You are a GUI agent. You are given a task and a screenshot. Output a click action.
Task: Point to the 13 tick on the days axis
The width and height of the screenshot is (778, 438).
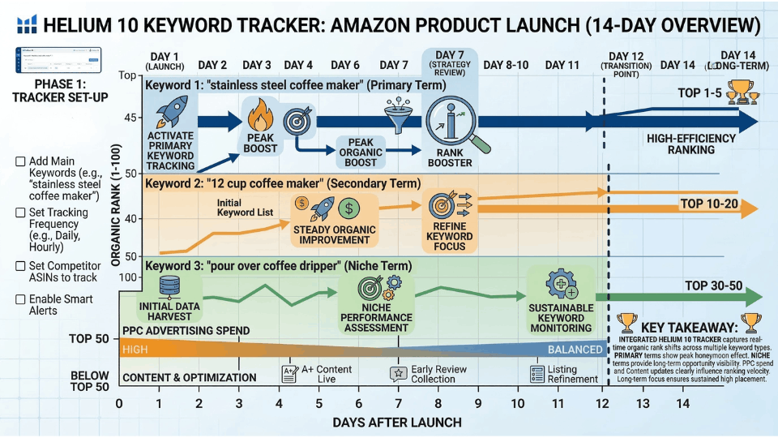click(x=643, y=403)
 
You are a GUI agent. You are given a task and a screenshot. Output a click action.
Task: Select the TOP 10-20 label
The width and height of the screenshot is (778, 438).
click(x=709, y=204)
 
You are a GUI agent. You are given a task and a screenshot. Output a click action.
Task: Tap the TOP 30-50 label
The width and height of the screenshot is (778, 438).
click(x=713, y=286)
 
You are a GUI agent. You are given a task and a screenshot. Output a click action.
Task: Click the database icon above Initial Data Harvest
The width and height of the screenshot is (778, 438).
click(x=170, y=286)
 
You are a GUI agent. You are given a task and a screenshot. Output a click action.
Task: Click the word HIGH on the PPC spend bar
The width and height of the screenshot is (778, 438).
click(x=135, y=350)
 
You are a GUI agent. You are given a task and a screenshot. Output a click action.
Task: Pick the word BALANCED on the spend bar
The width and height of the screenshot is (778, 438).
click(x=575, y=350)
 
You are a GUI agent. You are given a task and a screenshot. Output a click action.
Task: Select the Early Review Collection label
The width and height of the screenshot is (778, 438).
click(x=437, y=374)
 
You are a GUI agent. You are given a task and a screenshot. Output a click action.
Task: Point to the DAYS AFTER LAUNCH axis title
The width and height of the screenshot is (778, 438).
click(x=396, y=422)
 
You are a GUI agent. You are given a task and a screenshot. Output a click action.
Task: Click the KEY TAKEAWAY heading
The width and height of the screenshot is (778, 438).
click(x=689, y=323)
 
